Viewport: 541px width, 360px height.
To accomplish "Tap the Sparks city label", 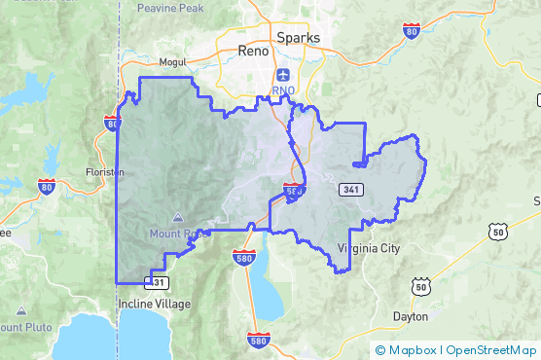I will (298, 38).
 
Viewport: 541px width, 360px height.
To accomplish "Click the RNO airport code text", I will (283, 90).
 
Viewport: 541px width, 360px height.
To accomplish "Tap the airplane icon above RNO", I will (283, 74).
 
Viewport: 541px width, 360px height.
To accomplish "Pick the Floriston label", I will (104, 171).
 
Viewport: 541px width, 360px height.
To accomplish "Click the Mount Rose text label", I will (178, 234).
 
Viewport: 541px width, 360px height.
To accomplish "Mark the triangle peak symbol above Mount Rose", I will (177, 218).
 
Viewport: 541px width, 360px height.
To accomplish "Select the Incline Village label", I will (155, 304).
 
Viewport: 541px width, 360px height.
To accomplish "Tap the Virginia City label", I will (368, 248).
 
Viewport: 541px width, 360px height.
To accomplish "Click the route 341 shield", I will (349, 188).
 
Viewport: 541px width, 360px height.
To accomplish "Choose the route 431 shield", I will (158, 282).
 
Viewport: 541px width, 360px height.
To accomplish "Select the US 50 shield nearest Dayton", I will (420, 285).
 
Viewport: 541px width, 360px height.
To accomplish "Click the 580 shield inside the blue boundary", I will (293, 189).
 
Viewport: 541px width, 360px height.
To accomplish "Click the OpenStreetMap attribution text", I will (491, 349).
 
